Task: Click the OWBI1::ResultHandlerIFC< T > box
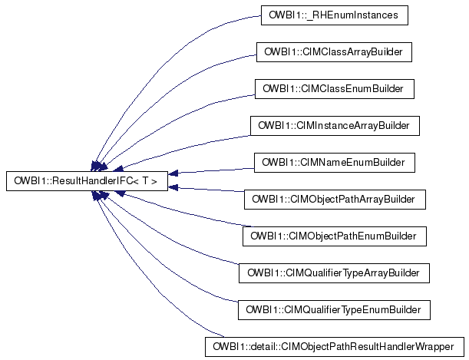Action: tap(86, 181)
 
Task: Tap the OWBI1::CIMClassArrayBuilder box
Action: tap(334, 52)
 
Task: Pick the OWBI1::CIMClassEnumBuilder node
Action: tap(334, 89)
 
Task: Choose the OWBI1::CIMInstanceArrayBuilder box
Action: tap(334, 125)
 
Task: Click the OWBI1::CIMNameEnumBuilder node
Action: tap(334, 163)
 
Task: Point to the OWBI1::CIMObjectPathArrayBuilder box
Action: tap(334, 200)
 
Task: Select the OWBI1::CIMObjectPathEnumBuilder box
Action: tap(334, 236)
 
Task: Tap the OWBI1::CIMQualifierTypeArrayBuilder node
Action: tap(334, 273)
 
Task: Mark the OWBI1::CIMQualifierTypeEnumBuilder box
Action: tap(334, 310)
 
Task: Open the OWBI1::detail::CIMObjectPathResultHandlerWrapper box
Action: tap(334, 347)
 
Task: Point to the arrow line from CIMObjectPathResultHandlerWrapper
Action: tap(154, 307)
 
